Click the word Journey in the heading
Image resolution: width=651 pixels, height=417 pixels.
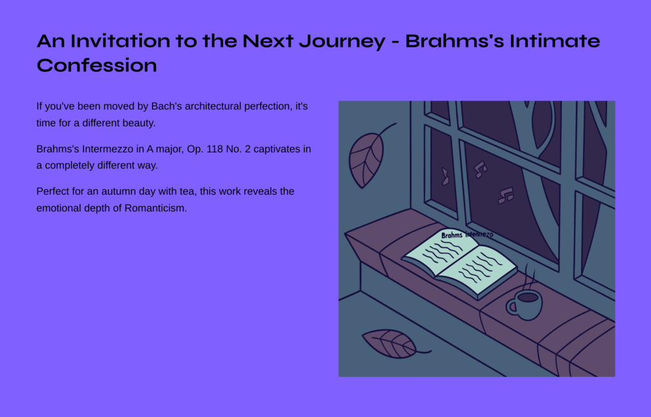point(342,41)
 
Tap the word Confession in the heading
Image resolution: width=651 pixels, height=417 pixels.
point(97,65)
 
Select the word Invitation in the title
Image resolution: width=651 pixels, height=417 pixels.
point(120,41)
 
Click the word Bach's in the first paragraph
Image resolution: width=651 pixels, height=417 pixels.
point(167,106)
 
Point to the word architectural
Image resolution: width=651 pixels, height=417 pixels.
point(213,106)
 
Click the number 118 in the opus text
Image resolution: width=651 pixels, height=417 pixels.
point(215,149)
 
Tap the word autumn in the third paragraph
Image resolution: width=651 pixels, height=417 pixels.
point(117,191)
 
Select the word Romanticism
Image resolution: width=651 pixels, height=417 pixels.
point(156,208)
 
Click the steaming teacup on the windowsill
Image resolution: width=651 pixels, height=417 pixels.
point(524,305)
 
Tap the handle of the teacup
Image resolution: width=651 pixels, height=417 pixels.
point(511,306)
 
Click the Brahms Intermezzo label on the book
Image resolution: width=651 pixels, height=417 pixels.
point(467,235)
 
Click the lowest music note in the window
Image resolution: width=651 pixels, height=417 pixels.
point(505,196)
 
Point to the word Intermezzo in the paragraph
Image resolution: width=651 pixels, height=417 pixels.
point(107,149)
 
